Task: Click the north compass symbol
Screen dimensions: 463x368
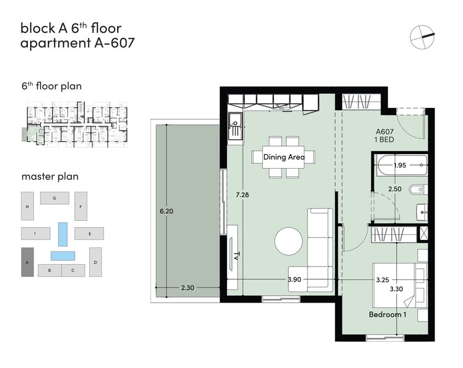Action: pos(422,37)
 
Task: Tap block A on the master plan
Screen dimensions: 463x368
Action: pos(27,262)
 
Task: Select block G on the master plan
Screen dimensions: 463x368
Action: pos(54,198)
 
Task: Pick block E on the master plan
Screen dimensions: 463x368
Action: pos(89,234)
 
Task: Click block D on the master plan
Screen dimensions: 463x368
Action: pos(95,262)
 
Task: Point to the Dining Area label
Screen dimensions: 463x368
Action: pos(284,157)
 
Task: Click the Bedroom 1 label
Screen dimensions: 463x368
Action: pos(387,315)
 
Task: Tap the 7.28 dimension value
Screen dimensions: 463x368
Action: pos(242,195)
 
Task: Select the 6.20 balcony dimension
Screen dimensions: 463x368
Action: pos(166,212)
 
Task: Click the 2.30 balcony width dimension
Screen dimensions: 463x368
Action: pos(188,287)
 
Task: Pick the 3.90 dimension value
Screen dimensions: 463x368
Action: pos(295,279)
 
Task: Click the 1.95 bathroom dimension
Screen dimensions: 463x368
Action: pos(400,165)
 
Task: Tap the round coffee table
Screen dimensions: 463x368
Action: pos(288,241)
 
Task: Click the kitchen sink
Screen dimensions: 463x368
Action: pos(236,126)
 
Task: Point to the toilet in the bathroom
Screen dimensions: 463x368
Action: pos(418,190)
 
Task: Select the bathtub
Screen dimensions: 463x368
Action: pos(402,165)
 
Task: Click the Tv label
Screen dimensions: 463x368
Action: pos(236,256)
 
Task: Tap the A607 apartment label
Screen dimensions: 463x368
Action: pos(384,132)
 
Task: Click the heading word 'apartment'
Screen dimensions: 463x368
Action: pos(55,43)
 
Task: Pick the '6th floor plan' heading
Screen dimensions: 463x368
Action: pos(52,86)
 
